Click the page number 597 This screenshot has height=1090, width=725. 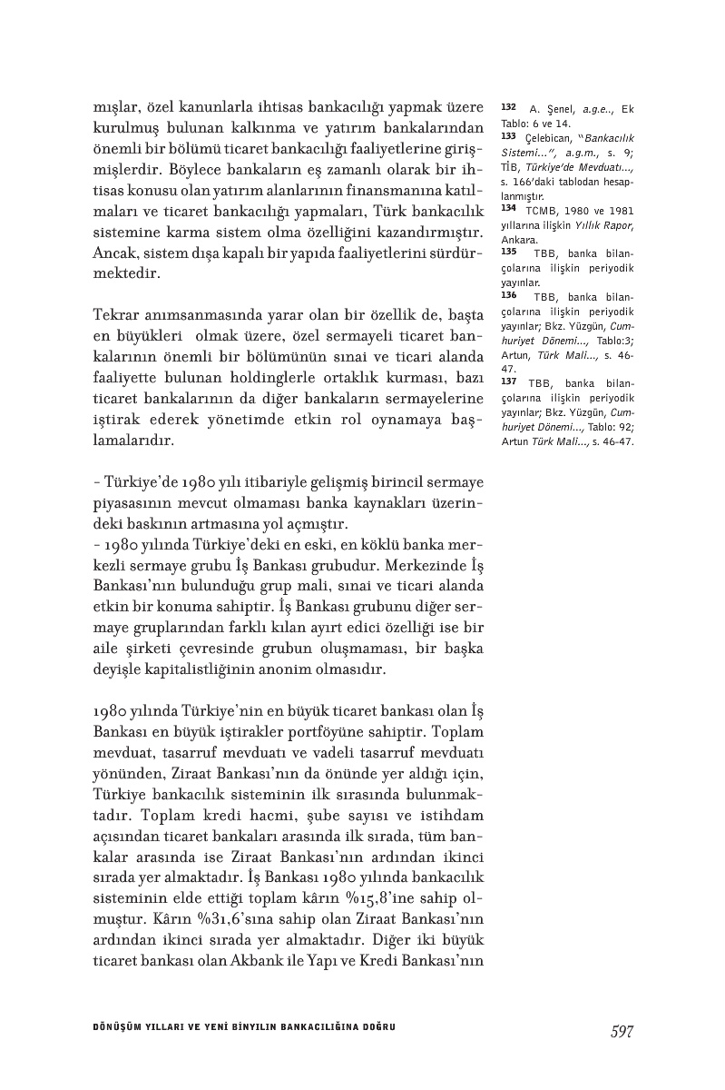621,1030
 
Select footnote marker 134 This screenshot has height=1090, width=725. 508,206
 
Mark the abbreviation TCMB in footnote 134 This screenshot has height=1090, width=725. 541,207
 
